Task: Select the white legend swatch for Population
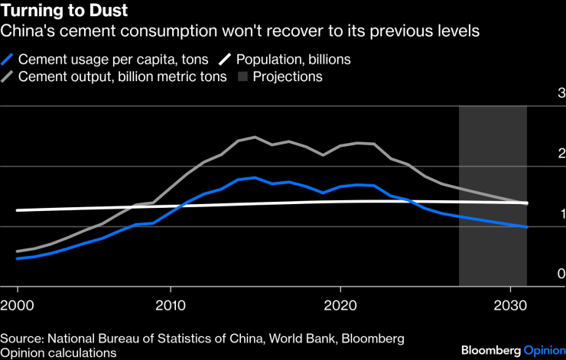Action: tap(226, 59)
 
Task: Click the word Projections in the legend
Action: tap(288, 76)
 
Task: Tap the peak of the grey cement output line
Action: tap(255, 138)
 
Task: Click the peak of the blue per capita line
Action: tap(255, 177)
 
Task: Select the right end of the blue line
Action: tap(526, 227)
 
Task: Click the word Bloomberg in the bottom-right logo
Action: tap(490, 350)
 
